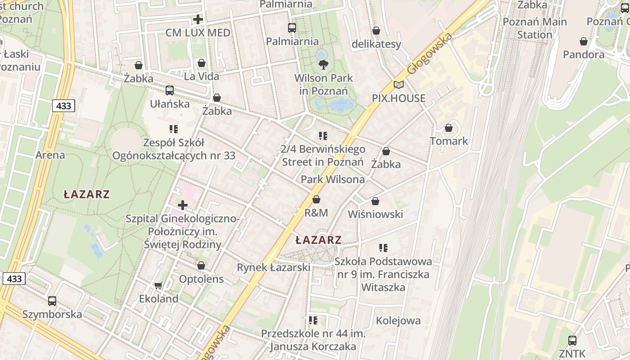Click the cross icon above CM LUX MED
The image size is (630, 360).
tap(198, 19)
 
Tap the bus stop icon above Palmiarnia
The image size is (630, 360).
tap(292, 28)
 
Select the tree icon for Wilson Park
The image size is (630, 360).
tap(323, 65)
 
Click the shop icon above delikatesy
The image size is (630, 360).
tap(376, 31)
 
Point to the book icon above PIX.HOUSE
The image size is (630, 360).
tap(398, 85)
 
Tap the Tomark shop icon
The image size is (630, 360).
tap(449, 128)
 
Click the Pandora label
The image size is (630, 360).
tap(584, 54)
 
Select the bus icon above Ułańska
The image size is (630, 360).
tap(170, 90)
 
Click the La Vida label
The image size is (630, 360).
tap(201, 76)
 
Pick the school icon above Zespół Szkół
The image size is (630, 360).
tap(174, 129)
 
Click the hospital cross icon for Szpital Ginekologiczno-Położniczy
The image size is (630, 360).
tap(183, 206)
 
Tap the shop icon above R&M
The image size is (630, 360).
tap(316, 199)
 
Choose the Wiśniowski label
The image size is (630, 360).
tap(375, 214)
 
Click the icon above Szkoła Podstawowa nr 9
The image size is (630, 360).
tap(383, 247)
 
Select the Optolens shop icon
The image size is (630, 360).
tap(201, 265)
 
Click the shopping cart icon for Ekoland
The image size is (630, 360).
tap(158, 285)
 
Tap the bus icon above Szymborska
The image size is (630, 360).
tap(52, 301)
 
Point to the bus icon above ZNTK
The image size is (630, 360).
tap(572, 341)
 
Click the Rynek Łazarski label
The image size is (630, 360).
tap(274, 267)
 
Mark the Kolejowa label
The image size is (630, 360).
tap(398, 321)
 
